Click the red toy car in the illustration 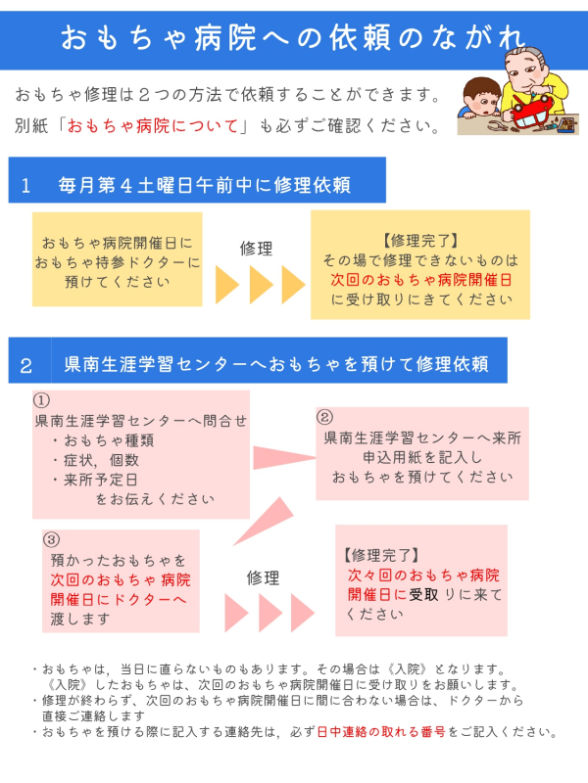(531, 112)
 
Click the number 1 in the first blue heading (25, 186)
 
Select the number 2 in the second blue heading (26, 365)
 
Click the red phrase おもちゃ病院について (153, 125)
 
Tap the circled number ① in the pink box (41, 400)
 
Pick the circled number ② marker (324, 417)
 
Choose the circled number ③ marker (52, 540)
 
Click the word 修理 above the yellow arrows (256, 249)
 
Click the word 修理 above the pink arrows (263, 577)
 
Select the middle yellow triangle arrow (261, 284)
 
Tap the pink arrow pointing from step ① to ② (284, 457)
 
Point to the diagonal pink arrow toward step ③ (264, 521)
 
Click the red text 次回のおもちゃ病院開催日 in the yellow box (421, 280)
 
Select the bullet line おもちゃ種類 (103, 440)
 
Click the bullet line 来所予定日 (95, 480)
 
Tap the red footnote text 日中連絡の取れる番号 (381, 732)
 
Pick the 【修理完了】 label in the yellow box (420, 241)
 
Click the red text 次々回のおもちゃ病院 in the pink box (423, 576)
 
